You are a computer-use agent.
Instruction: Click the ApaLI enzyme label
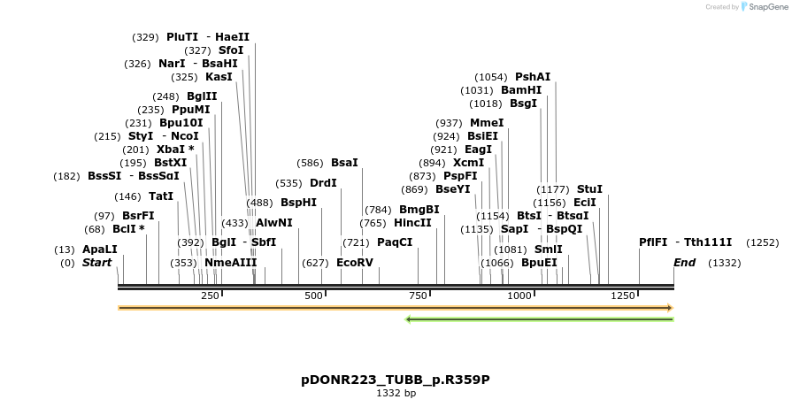coord(99,250)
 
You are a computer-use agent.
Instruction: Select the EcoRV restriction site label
coord(355,263)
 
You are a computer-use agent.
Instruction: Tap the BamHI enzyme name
coord(521,90)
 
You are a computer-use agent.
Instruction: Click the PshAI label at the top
coord(533,77)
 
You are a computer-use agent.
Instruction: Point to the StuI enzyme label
coord(589,189)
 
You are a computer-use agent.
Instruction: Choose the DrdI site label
coord(323,183)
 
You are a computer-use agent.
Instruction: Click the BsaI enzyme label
coord(344,163)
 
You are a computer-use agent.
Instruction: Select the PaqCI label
coord(395,242)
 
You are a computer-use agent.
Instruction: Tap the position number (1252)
coord(762,242)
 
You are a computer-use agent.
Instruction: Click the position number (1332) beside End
coord(725,263)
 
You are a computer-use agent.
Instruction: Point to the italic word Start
coord(97,263)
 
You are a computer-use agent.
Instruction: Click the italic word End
coord(684,263)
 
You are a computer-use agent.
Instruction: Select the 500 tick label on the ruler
coord(314,296)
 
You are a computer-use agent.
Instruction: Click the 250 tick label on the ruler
coord(211,296)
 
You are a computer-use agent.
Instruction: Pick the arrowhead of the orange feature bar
coord(670,308)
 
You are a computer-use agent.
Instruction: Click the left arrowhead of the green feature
coord(408,319)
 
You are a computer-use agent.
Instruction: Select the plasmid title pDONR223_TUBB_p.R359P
coord(396,380)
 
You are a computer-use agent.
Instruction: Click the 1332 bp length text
coord(396,393)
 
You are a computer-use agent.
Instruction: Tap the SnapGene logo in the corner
coord(763,7)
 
